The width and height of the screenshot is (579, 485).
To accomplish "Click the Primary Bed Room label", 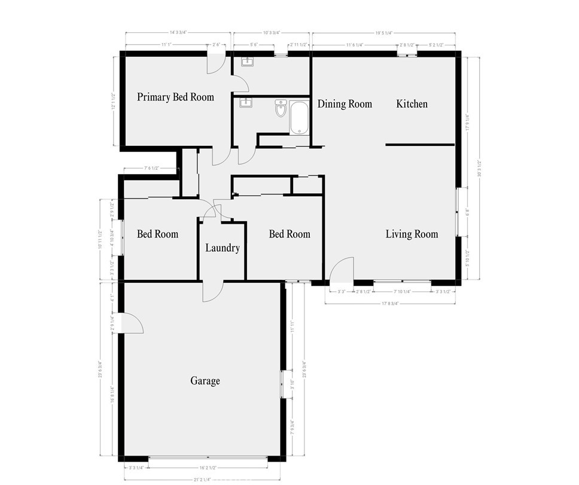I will point(175,97).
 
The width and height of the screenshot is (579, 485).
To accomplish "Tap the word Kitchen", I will point(412,104).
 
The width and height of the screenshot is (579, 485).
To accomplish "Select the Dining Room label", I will point(345,104).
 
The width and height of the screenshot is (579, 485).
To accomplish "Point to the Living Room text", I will point(412,234).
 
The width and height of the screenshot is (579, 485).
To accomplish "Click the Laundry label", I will point(223,248).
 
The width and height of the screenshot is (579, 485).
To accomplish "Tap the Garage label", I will point(205,381).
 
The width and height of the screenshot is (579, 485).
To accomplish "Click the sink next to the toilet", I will point(245,103).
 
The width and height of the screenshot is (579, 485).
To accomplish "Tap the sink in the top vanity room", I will point(247,62).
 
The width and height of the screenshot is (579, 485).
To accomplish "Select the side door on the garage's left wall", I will point(132,324).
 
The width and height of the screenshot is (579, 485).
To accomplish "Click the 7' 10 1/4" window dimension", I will point(402,291).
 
